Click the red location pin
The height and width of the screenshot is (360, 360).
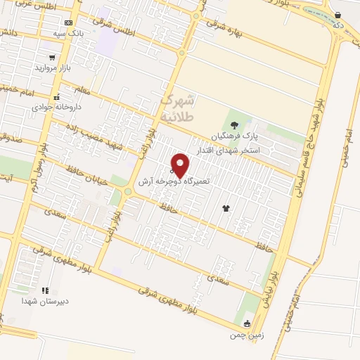coord(181,165)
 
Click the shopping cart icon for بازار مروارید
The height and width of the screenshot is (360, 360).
coord(52,58)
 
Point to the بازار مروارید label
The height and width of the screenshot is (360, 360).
coord(53,68)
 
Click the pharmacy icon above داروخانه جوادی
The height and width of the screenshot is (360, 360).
coord(57,97)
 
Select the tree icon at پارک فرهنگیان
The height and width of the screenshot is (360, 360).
coord(234,125)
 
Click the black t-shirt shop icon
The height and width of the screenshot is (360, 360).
coord(226,207)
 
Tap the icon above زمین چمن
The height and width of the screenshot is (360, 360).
coord(247,324)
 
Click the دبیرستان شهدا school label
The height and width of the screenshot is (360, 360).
coord(45,300)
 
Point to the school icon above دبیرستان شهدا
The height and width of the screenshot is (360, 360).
coord(45,290)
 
